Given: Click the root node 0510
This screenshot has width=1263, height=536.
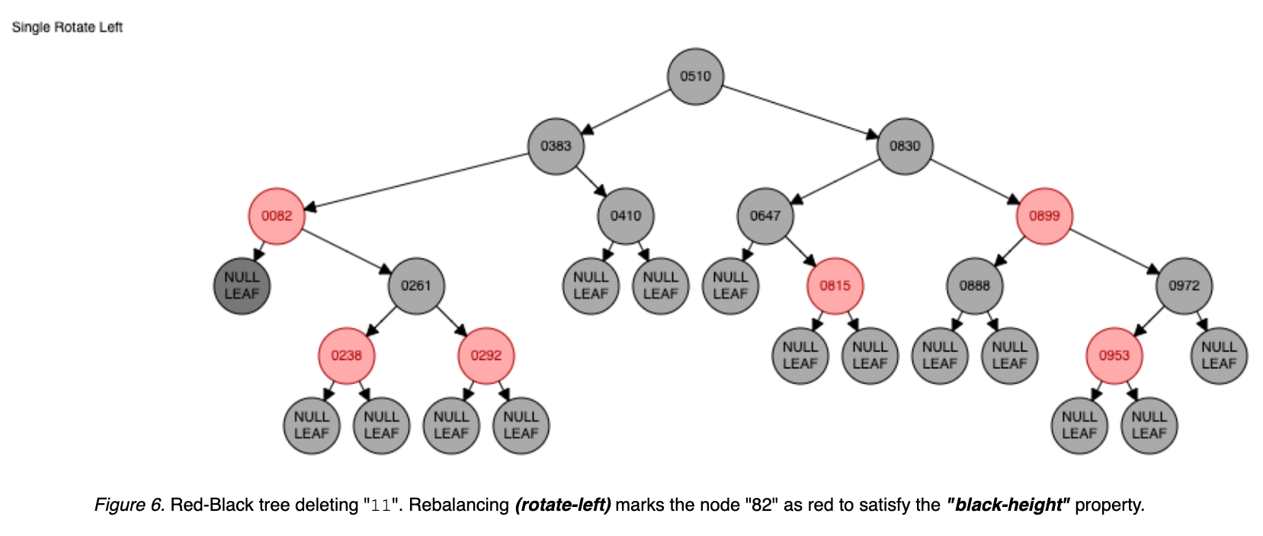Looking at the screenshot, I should click(x=695, y=76).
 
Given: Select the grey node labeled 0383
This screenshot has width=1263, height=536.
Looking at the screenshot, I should click(x=556, y=146).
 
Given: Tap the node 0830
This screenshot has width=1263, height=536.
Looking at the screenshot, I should click(x=905, y=146).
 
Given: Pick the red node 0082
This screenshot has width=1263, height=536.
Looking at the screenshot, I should click(x=277, y=216).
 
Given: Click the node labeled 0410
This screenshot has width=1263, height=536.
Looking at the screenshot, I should click(x=626, y=216).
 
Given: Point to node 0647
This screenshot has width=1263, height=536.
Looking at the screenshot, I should click(x=765, y=216).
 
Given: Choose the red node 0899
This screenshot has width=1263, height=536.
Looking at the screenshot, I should click(x=1044, y=216).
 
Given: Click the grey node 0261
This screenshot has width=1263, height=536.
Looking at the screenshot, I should click(x=416, y=285).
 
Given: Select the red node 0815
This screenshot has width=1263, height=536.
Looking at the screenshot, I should click(x=835, y=285).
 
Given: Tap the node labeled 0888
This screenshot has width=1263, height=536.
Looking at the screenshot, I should click(x=975, y=285).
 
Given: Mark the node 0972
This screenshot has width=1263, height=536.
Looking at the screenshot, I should click(x=1184, y=285).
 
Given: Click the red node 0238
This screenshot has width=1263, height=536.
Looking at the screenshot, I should click(x=347, y=355).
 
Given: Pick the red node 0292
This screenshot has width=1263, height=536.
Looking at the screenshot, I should click(x=486, y=355).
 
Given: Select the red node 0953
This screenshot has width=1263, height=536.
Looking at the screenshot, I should click(x=1114, y=355).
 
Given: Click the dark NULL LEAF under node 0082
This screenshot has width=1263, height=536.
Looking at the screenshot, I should click(x=242, y=286).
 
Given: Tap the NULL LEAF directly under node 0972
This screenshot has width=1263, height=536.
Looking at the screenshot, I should click(x=1219, y=355).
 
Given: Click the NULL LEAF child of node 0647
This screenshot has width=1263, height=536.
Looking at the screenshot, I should click(x=730, y=286).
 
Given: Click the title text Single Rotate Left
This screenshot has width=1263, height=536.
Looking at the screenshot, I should click(x=67, y=27).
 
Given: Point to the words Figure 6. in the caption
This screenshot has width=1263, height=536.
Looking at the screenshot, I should click(x=130, y=505).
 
